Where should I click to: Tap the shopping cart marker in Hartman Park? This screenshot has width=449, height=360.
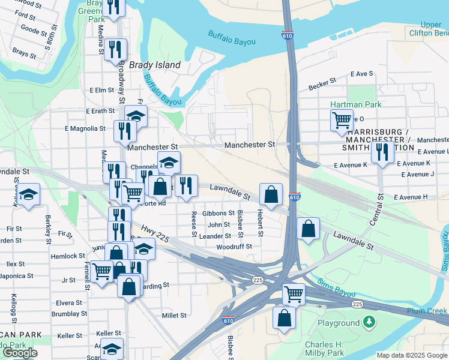[342, 120]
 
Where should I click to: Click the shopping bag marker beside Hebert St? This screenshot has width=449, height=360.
[271, 194]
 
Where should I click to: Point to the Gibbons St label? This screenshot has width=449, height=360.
[218, 213]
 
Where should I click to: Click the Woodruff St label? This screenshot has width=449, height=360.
[234, 247]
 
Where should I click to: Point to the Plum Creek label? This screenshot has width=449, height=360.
[428, 311]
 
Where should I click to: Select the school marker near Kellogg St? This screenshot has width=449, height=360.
[28, 195]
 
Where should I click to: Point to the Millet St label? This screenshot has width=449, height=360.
[174, 315]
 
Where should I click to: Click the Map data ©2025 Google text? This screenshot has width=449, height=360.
[412, 355]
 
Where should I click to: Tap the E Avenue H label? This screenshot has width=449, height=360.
[411, 197]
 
